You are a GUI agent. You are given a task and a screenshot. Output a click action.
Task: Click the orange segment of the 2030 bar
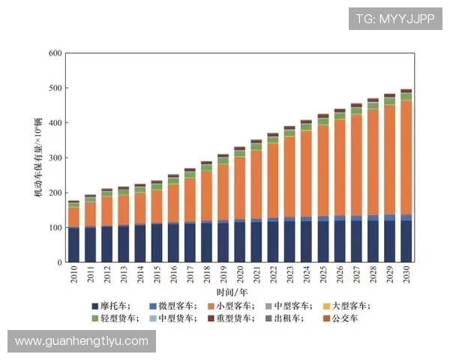[x=406, y=157]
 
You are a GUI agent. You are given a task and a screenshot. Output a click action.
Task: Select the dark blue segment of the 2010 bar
[x=73, y=244]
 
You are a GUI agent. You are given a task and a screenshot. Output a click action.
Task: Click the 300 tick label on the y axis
[x=53, y=158]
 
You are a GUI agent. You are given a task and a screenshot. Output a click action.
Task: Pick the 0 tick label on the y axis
[x=58, y=262]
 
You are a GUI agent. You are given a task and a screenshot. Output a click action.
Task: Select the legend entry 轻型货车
[x=119, y=319]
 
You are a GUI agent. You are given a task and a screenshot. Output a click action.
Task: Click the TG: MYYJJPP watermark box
[x=395, y=19]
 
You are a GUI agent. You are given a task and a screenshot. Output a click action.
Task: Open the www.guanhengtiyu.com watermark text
[x=82, y=341]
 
